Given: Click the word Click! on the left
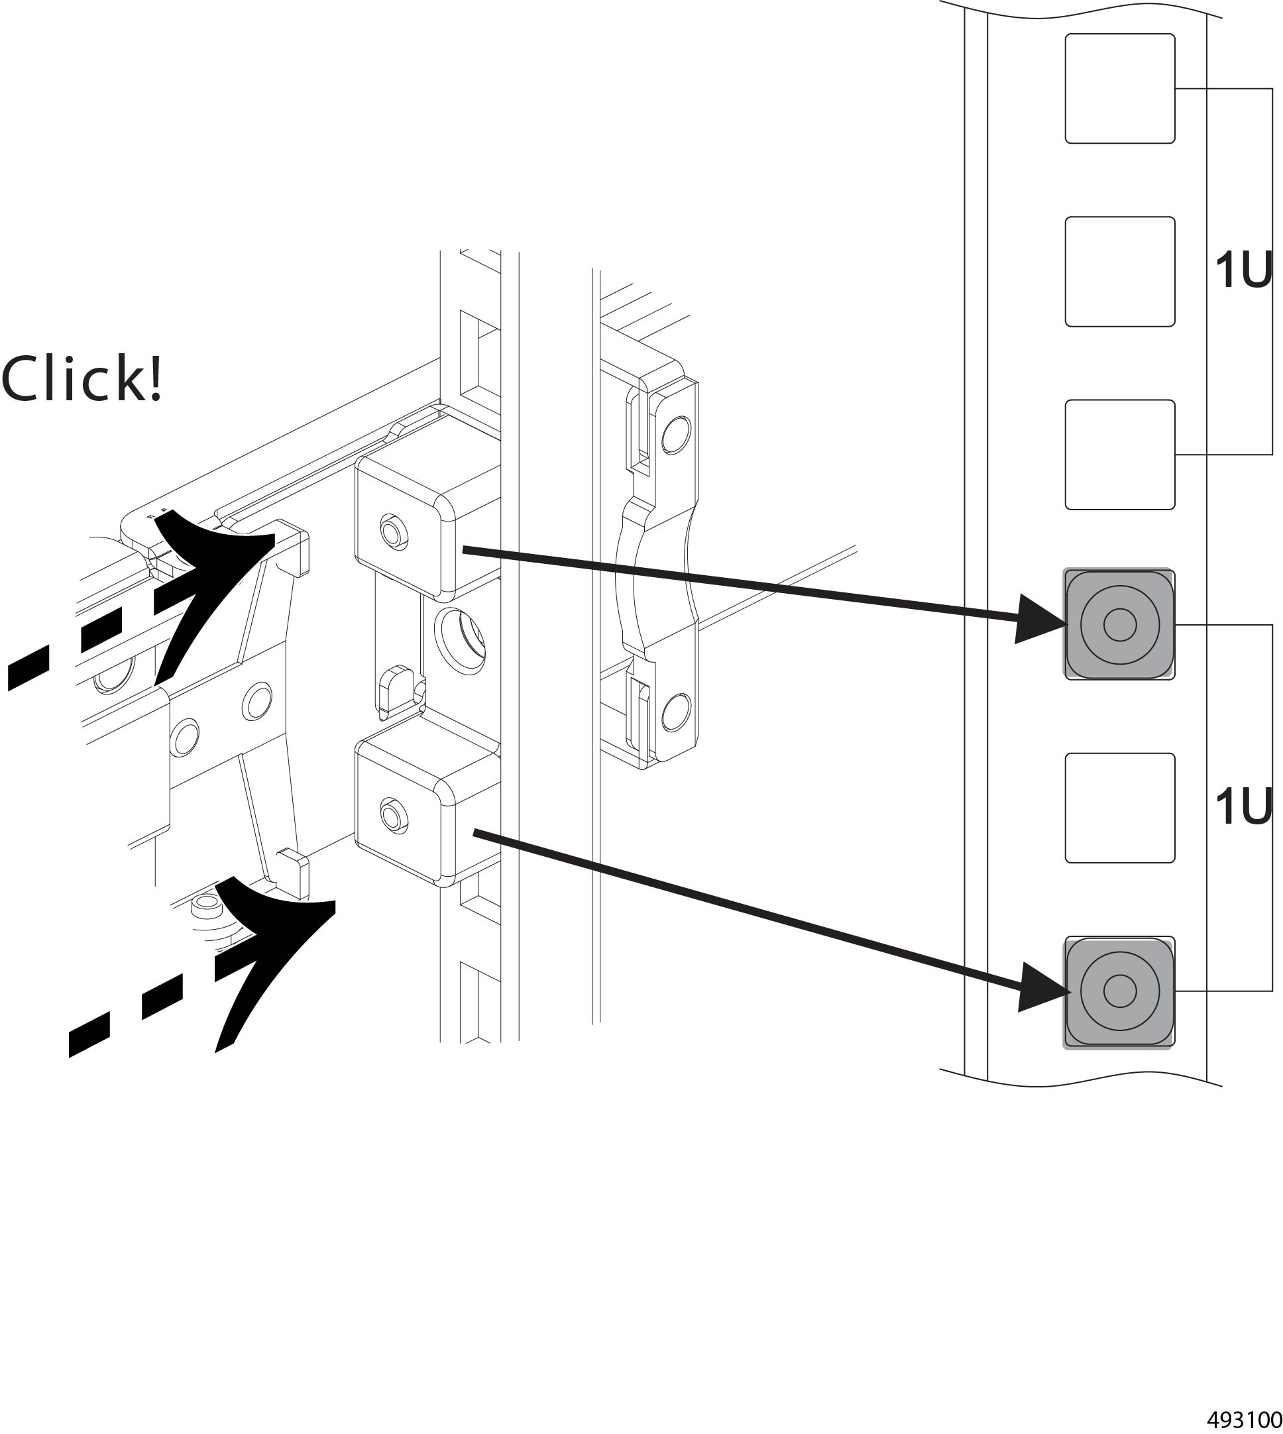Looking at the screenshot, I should [82, 379].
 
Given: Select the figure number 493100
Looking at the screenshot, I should [1244, 1419].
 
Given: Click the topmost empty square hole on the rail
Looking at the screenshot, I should [1119, 88].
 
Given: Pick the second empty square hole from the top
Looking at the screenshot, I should [1119, 272].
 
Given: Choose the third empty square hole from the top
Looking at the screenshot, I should [1119, 455].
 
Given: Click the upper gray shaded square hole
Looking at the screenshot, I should [1119, 625].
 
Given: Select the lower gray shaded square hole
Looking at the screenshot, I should [1119, 991].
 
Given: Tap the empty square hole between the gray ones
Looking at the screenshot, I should [1119, 808].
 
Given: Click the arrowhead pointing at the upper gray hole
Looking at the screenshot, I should [1036, 619].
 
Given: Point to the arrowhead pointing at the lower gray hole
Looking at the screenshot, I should [1040, 987].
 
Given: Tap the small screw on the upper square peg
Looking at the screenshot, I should [394, 530].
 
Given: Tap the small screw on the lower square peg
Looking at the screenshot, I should [394, 815].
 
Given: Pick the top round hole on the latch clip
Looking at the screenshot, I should [675, 434].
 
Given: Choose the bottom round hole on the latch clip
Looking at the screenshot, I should [675, 712].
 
